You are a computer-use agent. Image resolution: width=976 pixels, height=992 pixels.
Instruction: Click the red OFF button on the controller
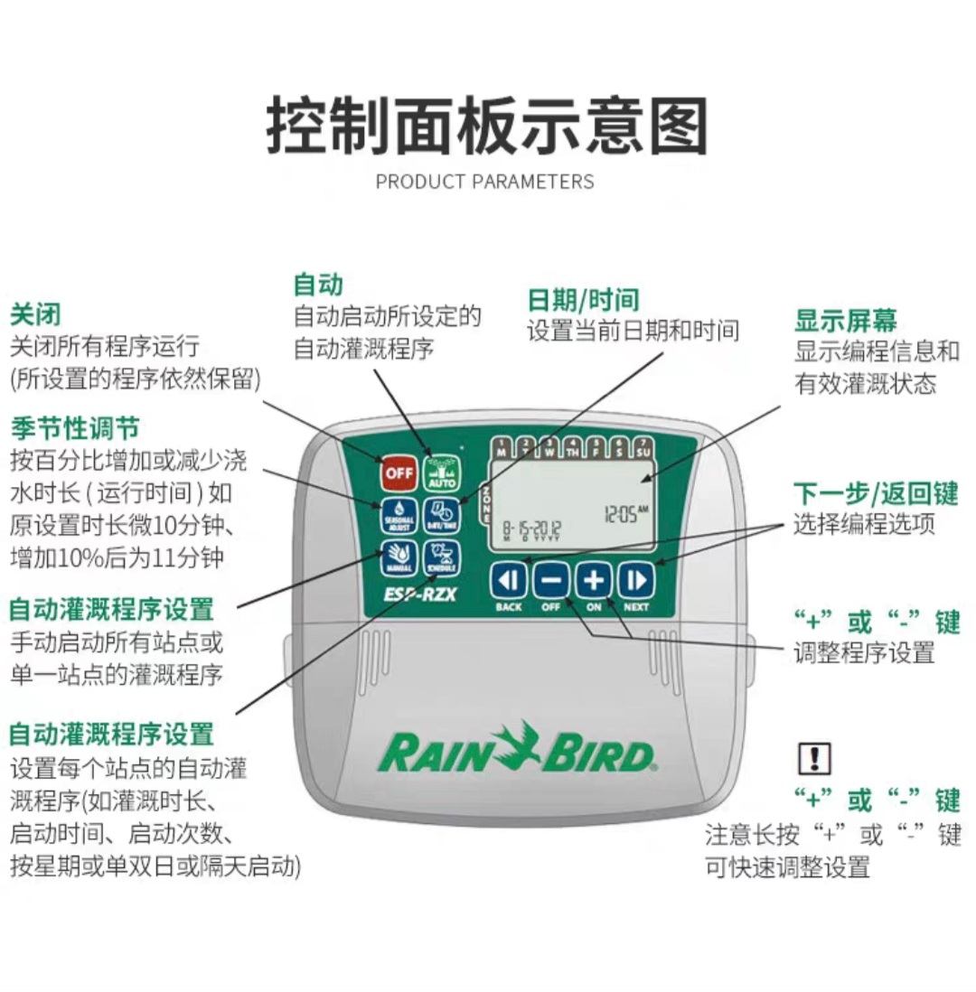pos(397,471)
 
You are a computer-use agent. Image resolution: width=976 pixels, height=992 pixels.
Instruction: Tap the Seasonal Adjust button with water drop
pos(397,514)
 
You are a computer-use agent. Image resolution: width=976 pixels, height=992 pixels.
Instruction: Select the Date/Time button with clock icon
pos(442,514)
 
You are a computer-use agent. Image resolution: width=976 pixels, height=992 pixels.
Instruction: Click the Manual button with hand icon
pos(397,557)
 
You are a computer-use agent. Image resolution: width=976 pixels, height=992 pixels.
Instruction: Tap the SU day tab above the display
pos(643,445)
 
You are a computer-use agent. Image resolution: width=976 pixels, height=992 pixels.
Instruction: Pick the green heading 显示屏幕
pos(845,321)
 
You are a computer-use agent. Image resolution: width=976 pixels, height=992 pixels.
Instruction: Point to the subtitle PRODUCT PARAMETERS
pos(485,182)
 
